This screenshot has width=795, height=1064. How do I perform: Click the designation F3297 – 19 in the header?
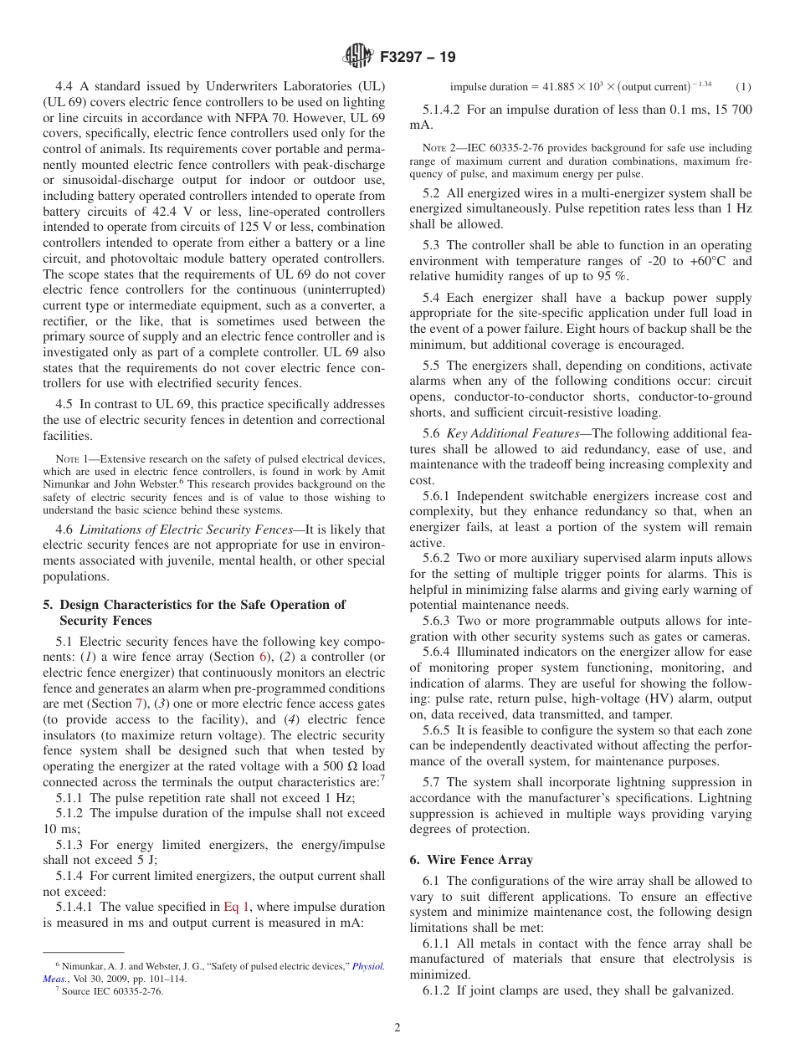pos(417,58)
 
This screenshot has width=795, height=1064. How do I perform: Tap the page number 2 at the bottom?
pos(397,1028)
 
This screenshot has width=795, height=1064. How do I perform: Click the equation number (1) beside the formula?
pos(743,86)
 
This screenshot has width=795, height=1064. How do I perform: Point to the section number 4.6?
pos(65,529)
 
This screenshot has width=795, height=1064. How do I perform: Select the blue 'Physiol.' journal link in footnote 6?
pos(367,966)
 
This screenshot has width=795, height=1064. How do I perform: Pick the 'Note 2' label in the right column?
pos(439,148)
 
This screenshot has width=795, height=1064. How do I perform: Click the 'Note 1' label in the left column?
pos(73,458)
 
